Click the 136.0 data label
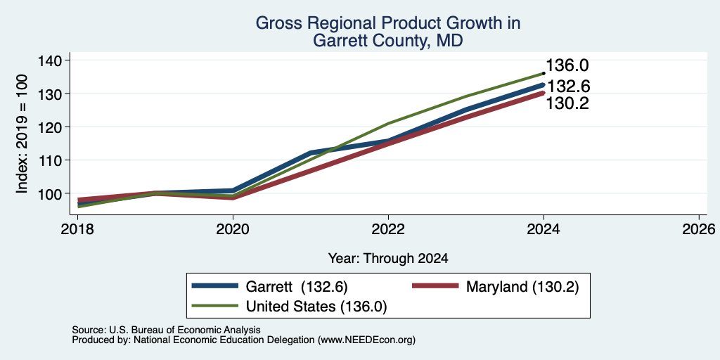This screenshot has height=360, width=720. pos(567,65)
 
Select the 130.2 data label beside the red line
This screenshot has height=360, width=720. pos(567,103)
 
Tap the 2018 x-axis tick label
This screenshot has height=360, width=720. pos(77,229)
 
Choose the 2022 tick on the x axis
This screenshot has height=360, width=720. pos(388,229)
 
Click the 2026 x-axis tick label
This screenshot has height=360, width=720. pos(698,229)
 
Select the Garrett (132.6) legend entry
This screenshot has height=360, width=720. pos(269,287)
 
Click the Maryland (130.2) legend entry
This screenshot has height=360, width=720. pos(495,287)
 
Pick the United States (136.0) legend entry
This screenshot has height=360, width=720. pos(289,307)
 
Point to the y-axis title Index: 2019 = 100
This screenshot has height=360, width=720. pos(22,134)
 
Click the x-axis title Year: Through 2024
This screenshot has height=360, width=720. pos(388,259)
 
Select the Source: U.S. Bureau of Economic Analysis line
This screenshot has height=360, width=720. pos(166,330)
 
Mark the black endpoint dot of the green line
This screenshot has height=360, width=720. pos(544,73)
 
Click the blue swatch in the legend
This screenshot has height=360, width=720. pos(215,285)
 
